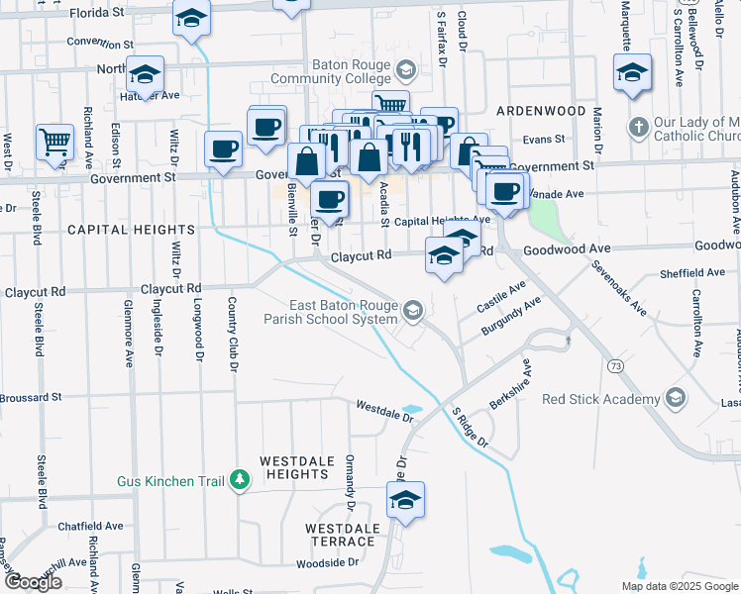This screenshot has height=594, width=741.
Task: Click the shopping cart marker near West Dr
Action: point(54,141)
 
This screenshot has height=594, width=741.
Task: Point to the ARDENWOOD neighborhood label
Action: point(541,111)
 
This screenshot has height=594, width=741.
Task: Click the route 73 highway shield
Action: point(617,366)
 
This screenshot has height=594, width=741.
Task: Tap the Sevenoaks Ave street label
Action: point(620,289)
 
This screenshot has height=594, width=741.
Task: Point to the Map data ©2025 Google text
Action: point(680,586)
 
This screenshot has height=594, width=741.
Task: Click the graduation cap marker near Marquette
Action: point(632,73)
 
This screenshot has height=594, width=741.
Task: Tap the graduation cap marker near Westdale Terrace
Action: point(405,501)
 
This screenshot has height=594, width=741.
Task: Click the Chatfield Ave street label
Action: point(89,526)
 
